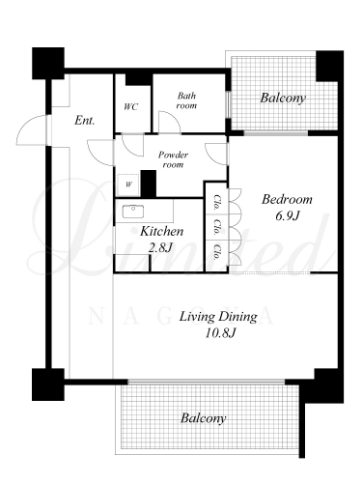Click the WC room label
131,106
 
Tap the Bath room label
186,100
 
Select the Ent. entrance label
85,121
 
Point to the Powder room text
173,159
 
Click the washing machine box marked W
128,185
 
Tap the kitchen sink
133,212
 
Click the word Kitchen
161,231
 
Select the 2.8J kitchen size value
160,247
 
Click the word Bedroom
287,199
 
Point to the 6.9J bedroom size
287,215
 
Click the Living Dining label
218,317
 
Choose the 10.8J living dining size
221,332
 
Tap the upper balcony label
283,98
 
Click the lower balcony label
203,418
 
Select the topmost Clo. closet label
217,203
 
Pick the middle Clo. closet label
217,227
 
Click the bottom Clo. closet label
217,252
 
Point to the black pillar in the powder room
149,184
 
